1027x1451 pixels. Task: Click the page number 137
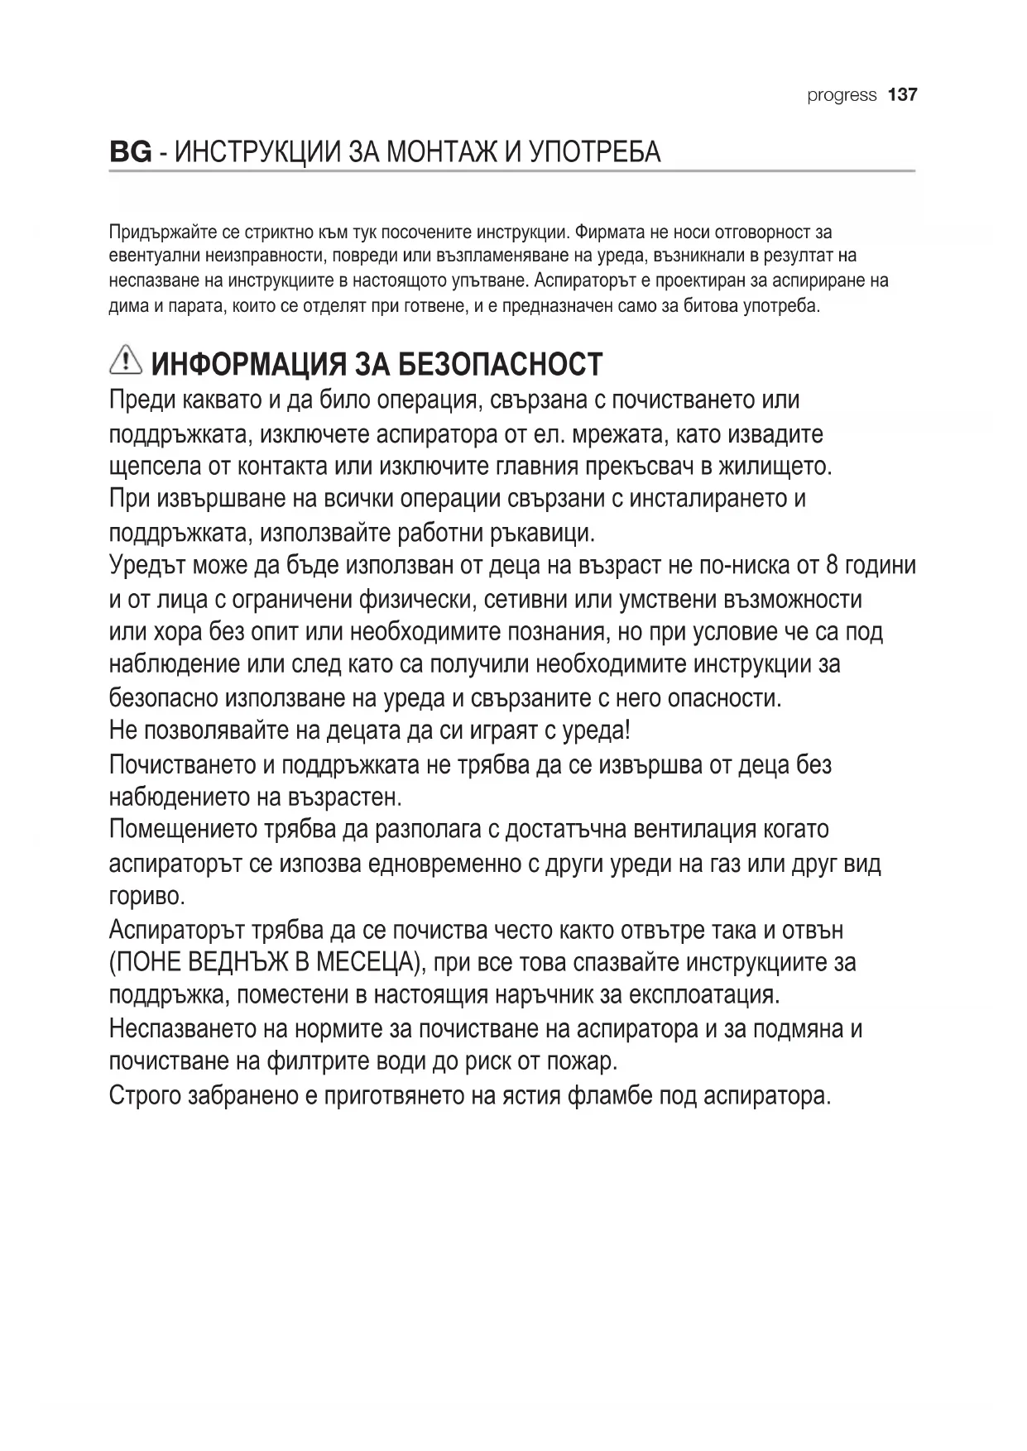point(902,95)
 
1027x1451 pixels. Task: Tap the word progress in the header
point(842,95)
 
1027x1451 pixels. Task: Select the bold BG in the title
point(130,152)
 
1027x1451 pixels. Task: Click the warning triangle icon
point(125,361)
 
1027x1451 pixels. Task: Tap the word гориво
point(146,897)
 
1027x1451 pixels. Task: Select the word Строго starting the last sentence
point(146,1096)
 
